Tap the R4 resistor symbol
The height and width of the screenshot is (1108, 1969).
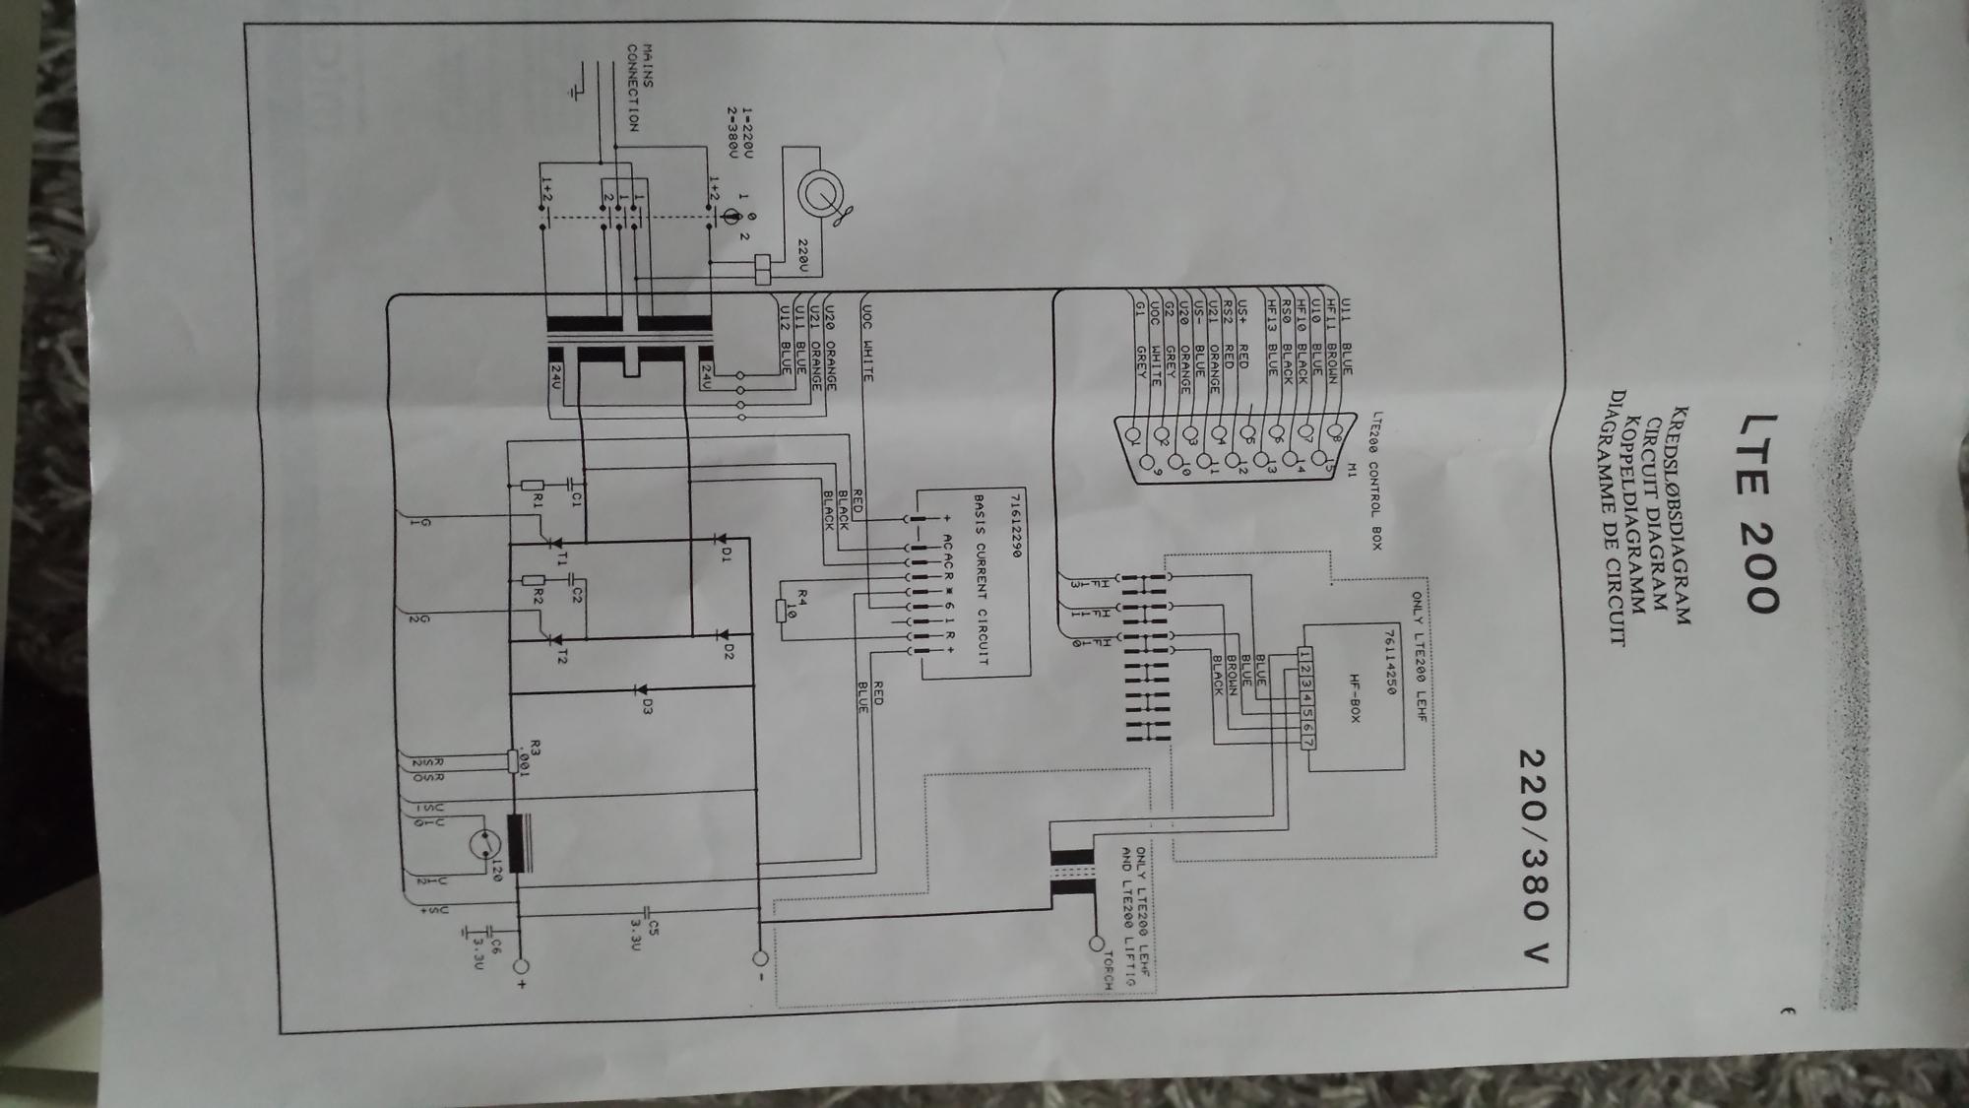tap(781, 611)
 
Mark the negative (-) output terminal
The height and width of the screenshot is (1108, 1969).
tap(759, 957)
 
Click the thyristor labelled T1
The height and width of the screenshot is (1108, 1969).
tap(553, 543)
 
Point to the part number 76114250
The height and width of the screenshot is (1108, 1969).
tap(1389, 663)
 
